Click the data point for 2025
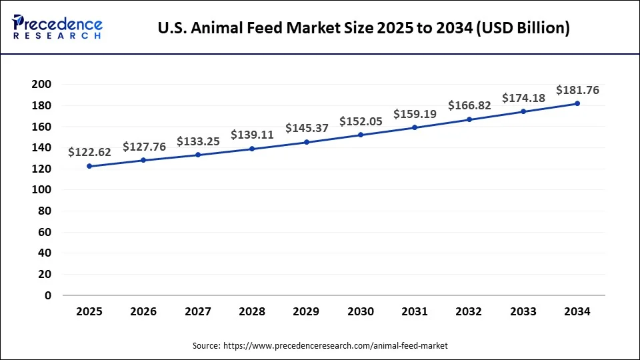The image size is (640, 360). (89, 166)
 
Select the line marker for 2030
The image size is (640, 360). (361, 135)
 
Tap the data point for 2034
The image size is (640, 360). (577, 103)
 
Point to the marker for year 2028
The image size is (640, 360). (252, 149)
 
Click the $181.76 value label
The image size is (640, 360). (577, 90)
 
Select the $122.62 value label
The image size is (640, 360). (89, 152)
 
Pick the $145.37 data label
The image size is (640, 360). (307, 128)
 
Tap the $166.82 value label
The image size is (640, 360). (469, 105)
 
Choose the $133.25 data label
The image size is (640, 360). (198, 141)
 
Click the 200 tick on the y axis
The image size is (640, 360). (41, 85)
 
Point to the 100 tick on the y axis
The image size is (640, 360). (41, 190)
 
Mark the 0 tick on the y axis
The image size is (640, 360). (47, 295)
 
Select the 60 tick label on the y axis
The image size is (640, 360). (44, 232)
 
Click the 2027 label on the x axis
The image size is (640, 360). (198, 311)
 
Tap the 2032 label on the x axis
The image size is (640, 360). (469, 311)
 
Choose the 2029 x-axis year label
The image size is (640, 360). (307, 311)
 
